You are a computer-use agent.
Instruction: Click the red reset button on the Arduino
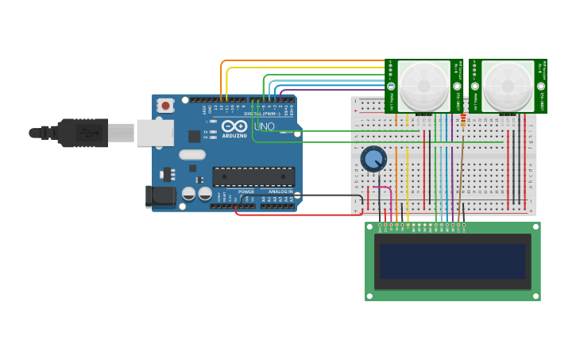coord(165,104)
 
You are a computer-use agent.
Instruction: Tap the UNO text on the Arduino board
coord(264,126)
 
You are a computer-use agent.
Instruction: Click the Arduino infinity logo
coord(234,126)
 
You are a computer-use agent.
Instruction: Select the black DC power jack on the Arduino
coord(160,196)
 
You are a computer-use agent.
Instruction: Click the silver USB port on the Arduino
coord(154,133)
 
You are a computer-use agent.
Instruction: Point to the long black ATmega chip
coord(253,176)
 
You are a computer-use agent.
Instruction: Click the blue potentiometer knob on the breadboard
coord(373,159)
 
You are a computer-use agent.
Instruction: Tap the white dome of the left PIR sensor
coord(423,86)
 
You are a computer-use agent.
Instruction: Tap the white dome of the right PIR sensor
coord(508,86)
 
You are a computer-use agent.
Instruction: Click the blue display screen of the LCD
coord(453,261)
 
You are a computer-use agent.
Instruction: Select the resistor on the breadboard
coord(463,121)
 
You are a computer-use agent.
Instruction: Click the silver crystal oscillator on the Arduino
coord(192,155)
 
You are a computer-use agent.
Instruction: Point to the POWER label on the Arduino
coord(246,192)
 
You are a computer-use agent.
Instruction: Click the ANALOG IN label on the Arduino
coord(280,192)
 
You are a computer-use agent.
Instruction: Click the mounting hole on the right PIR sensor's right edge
coord(541,86)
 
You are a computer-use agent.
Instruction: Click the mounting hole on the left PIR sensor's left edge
coord(391,86)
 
